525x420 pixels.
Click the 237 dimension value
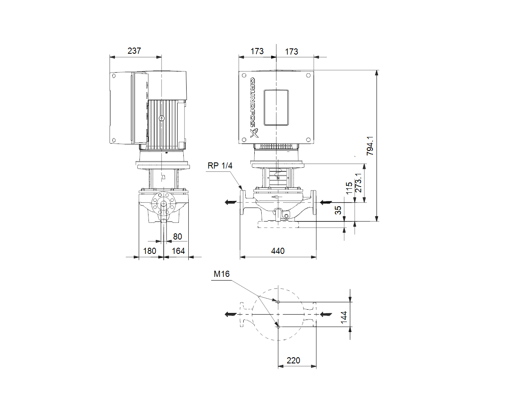coord(134,51)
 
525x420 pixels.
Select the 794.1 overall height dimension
coord(370,146)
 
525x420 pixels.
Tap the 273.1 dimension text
coord(358,183)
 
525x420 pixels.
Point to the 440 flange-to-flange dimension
coord(278,251)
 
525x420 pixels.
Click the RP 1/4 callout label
coord(220,166)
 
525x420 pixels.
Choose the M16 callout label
coord(221,274)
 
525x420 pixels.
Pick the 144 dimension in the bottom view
coord(343,317)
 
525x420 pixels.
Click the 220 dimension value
coord(293,361)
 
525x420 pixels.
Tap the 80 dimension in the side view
coord(177,237)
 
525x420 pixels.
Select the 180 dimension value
coord(149,251)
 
